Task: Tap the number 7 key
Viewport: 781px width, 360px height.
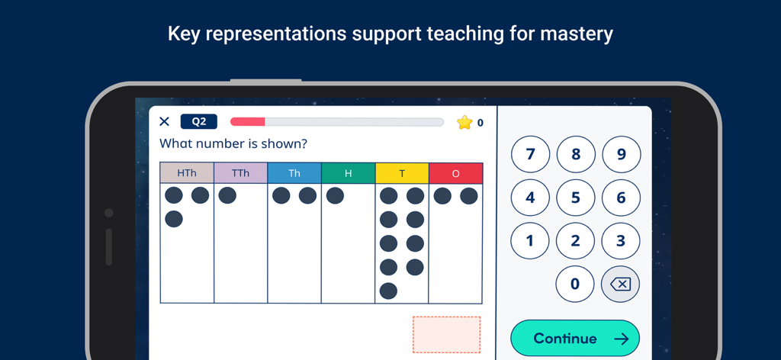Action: [x=530, y=155]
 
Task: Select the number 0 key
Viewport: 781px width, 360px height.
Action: [x=575, y=284]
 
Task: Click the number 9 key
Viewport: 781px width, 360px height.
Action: [x=621, y=155]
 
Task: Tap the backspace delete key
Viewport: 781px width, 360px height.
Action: [x=620, y=284]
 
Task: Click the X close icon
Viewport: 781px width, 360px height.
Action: [x=164, y=121]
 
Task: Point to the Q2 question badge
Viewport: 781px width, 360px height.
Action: [x=198, y=121]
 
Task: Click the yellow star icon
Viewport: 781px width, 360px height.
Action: [x=464, y=122]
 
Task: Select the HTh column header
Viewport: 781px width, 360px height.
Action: [x=187, y=173]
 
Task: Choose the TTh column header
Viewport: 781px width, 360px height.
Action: [x=240, y=173]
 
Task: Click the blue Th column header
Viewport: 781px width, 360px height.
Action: [x=294, y=173]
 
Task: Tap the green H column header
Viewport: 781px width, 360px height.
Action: [x=348, y=173]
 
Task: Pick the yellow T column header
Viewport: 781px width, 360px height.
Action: [x=402, y=173]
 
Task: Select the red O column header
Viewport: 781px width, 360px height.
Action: [x=455, y=173]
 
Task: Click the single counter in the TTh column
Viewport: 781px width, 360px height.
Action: [x=227, y=195]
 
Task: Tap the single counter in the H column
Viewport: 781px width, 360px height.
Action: [x=335, y=195]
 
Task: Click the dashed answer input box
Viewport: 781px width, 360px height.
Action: [x=446, y=334]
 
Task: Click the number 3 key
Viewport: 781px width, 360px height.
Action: [x=621, y=241]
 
